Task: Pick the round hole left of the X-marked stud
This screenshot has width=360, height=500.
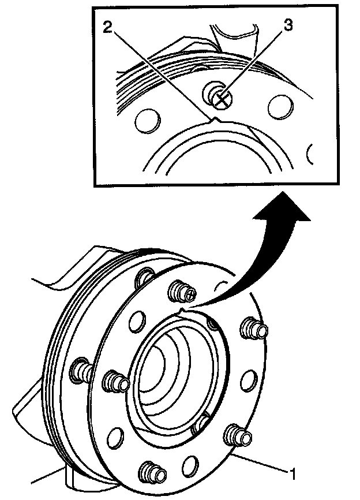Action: [x=147, y=122]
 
